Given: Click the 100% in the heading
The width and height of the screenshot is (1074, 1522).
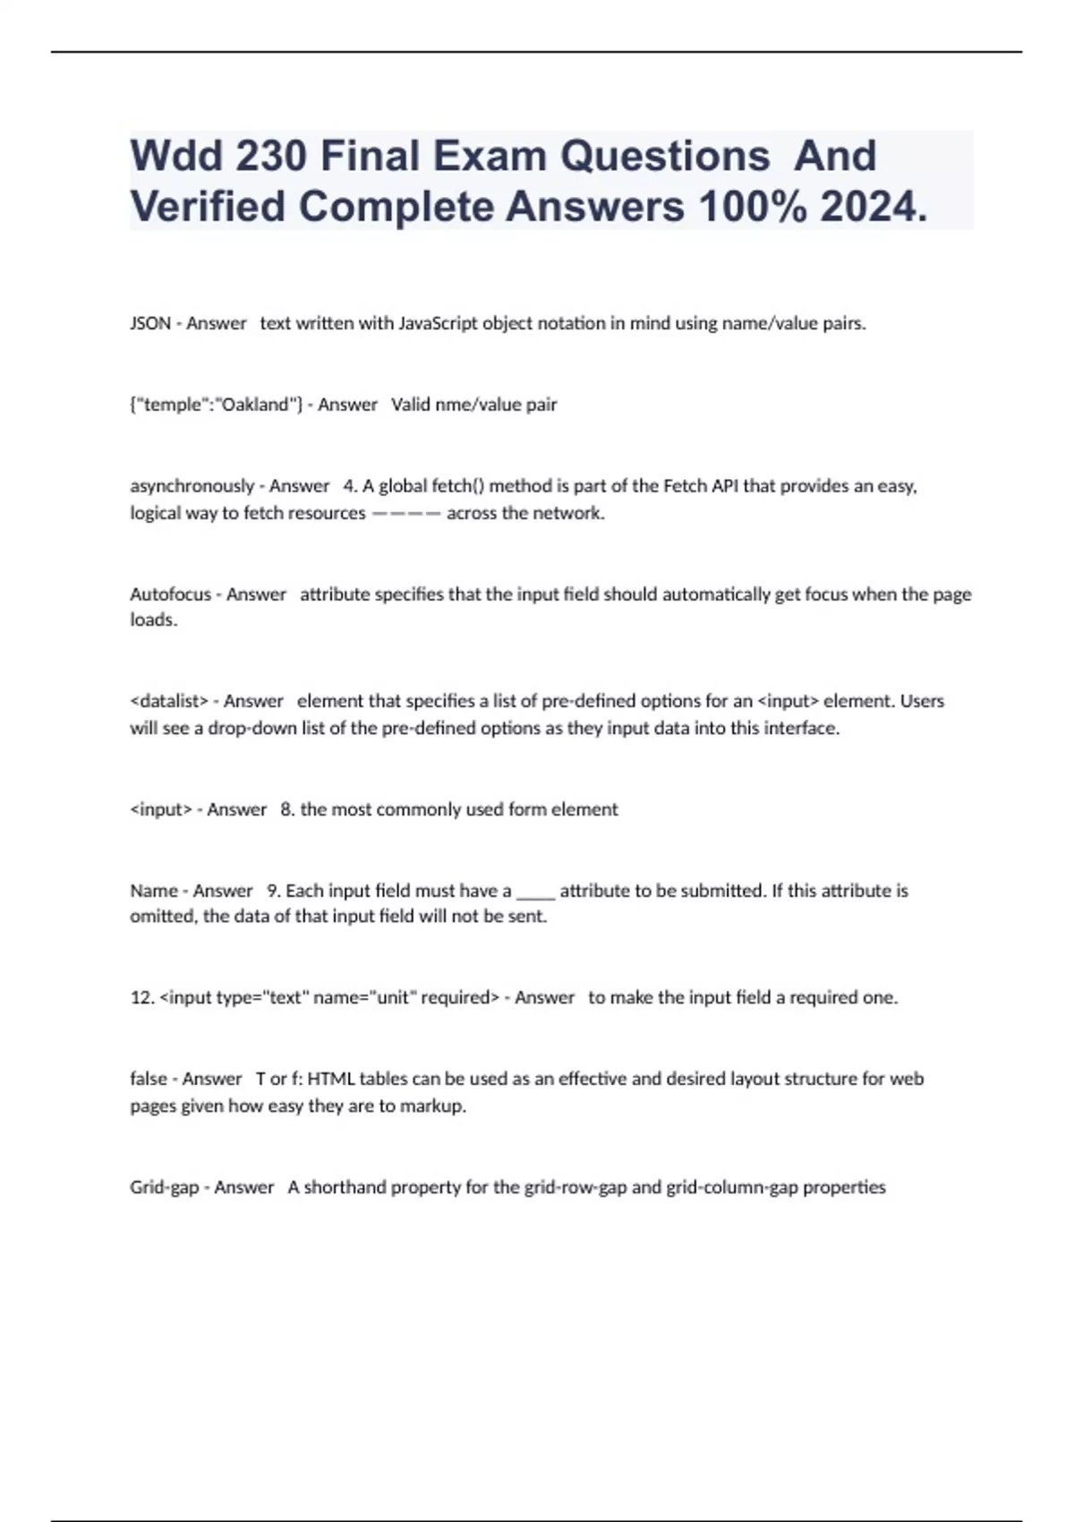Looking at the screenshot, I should click(x=751, y=208).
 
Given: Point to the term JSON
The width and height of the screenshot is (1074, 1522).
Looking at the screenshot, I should click(x=150, y=323).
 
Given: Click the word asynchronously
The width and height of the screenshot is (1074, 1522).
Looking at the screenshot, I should click(x=192, y=486).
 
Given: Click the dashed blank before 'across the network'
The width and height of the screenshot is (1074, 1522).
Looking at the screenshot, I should click(x=405, y=514).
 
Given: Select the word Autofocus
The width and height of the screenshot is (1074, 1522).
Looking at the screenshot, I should click(x=170, y=594).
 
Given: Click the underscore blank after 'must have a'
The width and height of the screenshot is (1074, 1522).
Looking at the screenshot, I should click(x=535, y=892).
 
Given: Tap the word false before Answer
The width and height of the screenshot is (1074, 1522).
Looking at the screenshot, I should click(x=149, y=1079).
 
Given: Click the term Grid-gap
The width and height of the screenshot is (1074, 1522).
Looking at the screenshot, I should click(x=164, y=1187).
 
